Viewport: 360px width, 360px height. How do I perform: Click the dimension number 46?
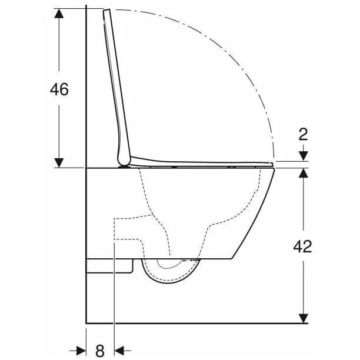pos(59,89)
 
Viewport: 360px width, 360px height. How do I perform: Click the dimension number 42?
pos(302,246)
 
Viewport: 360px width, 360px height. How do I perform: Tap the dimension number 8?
pos(100,351)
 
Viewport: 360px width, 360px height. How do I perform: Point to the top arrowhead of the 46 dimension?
pos(59,14)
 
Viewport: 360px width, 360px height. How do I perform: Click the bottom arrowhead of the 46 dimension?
pos(59,163)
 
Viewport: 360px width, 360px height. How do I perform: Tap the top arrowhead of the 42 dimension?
pos(304,173)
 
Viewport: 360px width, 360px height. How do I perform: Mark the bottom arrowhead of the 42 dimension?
pos(304,318)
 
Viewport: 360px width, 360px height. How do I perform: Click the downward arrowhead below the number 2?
pos(304,156)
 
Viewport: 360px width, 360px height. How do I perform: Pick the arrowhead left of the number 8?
pos(81,351)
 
